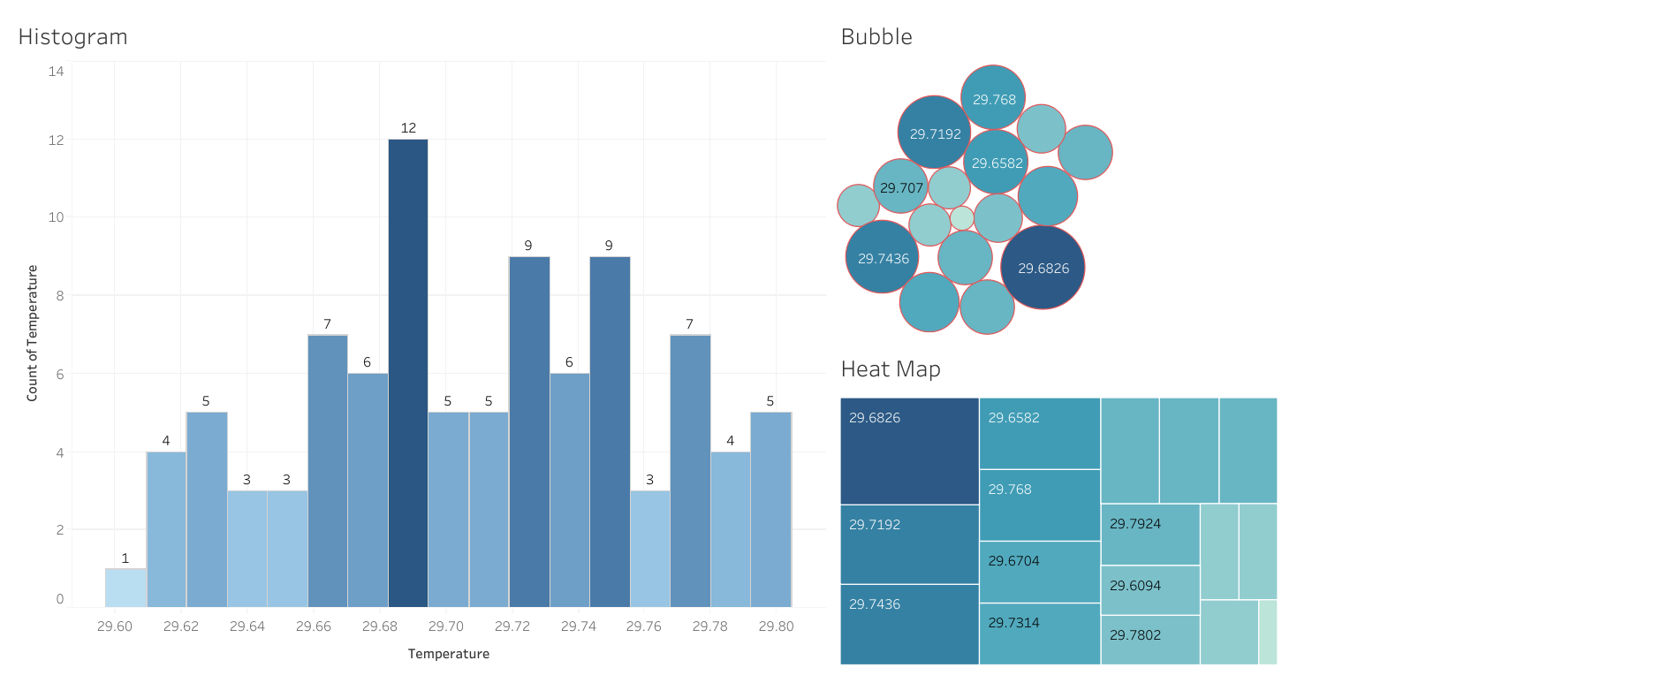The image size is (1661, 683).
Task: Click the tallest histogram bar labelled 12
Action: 408,371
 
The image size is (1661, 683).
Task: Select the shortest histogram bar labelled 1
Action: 125,588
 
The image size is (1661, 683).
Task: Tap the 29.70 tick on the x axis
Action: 445,626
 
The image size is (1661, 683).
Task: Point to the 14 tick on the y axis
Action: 57,72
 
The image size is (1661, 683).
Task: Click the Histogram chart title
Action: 73,37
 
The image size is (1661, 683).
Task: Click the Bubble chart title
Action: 876,37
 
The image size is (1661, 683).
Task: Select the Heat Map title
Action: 891,369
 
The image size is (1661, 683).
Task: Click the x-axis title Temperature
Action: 449,654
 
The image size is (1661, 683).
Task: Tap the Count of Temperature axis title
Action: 33,333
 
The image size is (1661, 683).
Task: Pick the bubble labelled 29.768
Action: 994,97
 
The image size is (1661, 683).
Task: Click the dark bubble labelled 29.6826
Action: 1043,267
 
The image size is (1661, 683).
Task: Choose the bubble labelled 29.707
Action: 900,186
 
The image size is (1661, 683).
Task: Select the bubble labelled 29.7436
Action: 883,257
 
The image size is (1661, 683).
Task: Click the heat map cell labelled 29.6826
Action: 909,451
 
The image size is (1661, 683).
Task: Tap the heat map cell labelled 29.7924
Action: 1149,535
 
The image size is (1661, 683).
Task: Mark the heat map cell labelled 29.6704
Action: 1039,572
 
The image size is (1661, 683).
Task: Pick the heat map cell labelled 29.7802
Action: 1149,640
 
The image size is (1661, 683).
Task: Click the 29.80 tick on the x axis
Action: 776,626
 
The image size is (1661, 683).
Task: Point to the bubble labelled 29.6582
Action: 997,162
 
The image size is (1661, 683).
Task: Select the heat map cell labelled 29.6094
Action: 1149,589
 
